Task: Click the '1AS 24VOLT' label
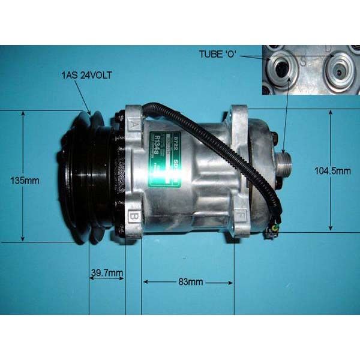86,75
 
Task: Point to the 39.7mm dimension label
106,274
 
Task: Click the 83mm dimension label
191,281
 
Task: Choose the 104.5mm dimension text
332,171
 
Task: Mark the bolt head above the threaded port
275,138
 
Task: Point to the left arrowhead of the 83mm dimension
144,281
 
